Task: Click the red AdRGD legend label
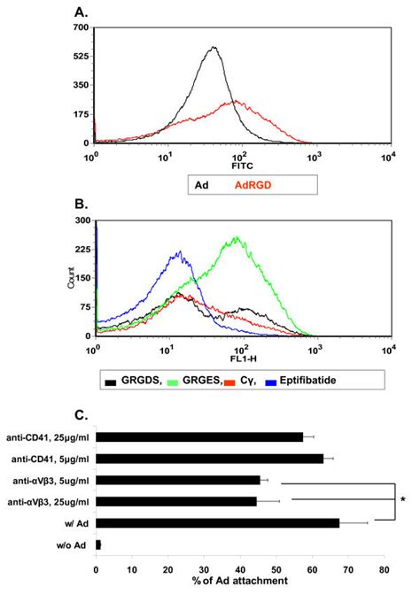coord(253,185)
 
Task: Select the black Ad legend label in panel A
coord(201,185)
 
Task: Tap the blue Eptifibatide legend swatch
coord(271,382)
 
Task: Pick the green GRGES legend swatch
coord(174,382)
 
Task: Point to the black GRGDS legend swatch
coord(111,382)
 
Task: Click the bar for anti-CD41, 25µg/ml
coord(199,437)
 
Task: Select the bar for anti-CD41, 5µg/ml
coord(210,459)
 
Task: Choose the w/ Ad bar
coord(218,523)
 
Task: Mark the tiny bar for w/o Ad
coord(98,544)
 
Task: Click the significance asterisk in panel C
coord(402,500)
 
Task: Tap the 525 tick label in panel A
coord(81,57)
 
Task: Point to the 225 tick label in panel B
coord(83,250)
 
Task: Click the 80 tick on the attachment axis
coord(385,570)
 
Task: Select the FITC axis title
coord(242,166)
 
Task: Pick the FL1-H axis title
coord(244,359)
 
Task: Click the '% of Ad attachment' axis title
coord(240,581)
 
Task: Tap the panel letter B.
coord(81,205)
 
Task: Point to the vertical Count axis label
coord(71,278)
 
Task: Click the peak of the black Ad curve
coord(214,47)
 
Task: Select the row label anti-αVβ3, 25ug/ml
coord(49,502)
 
